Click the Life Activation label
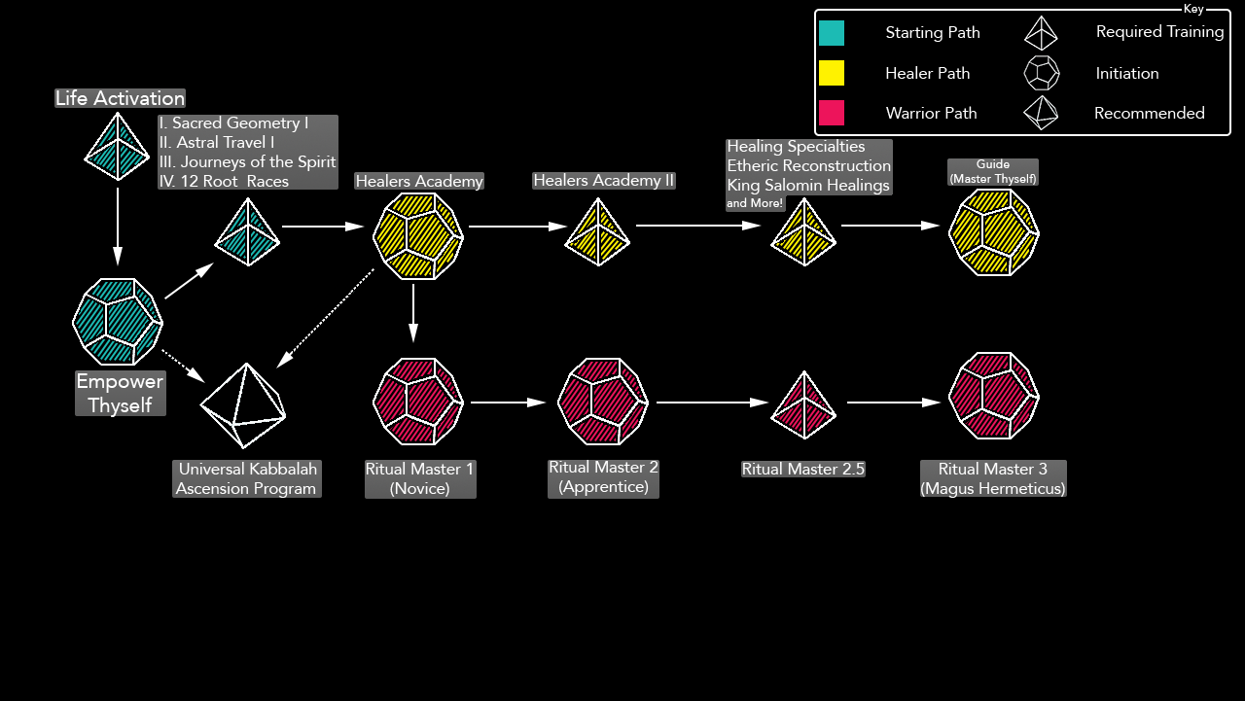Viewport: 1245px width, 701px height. tap(120, 98)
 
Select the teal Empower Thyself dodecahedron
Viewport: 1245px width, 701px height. tap(118, 322)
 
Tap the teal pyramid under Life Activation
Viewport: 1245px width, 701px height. tap(118, 147)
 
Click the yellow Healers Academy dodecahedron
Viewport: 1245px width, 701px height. tap(418, 235)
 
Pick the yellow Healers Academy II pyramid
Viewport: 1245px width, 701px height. tap(597, 232)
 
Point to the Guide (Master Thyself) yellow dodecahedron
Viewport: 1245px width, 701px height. tap(993, 232)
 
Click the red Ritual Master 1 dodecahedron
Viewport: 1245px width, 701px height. tap(418, 401)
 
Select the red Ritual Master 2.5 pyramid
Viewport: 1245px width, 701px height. tap(803, 405)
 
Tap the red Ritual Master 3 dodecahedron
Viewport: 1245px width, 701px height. tap(993, 397)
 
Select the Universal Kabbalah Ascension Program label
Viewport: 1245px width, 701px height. tap(246, 479)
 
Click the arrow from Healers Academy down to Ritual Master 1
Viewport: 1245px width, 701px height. tap(413, 312)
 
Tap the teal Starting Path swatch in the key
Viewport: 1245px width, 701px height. tap(832, 33)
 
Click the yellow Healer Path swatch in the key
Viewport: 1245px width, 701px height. tap(832, 73)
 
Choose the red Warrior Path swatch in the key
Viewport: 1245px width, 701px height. tap(832, 113)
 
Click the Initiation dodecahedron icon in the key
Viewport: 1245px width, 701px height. tap(1041, 73)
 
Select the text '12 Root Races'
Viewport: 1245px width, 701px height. tap(224, 181)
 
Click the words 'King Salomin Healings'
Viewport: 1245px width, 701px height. tap(808, 185)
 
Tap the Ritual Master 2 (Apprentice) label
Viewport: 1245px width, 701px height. tap(603, 476)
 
